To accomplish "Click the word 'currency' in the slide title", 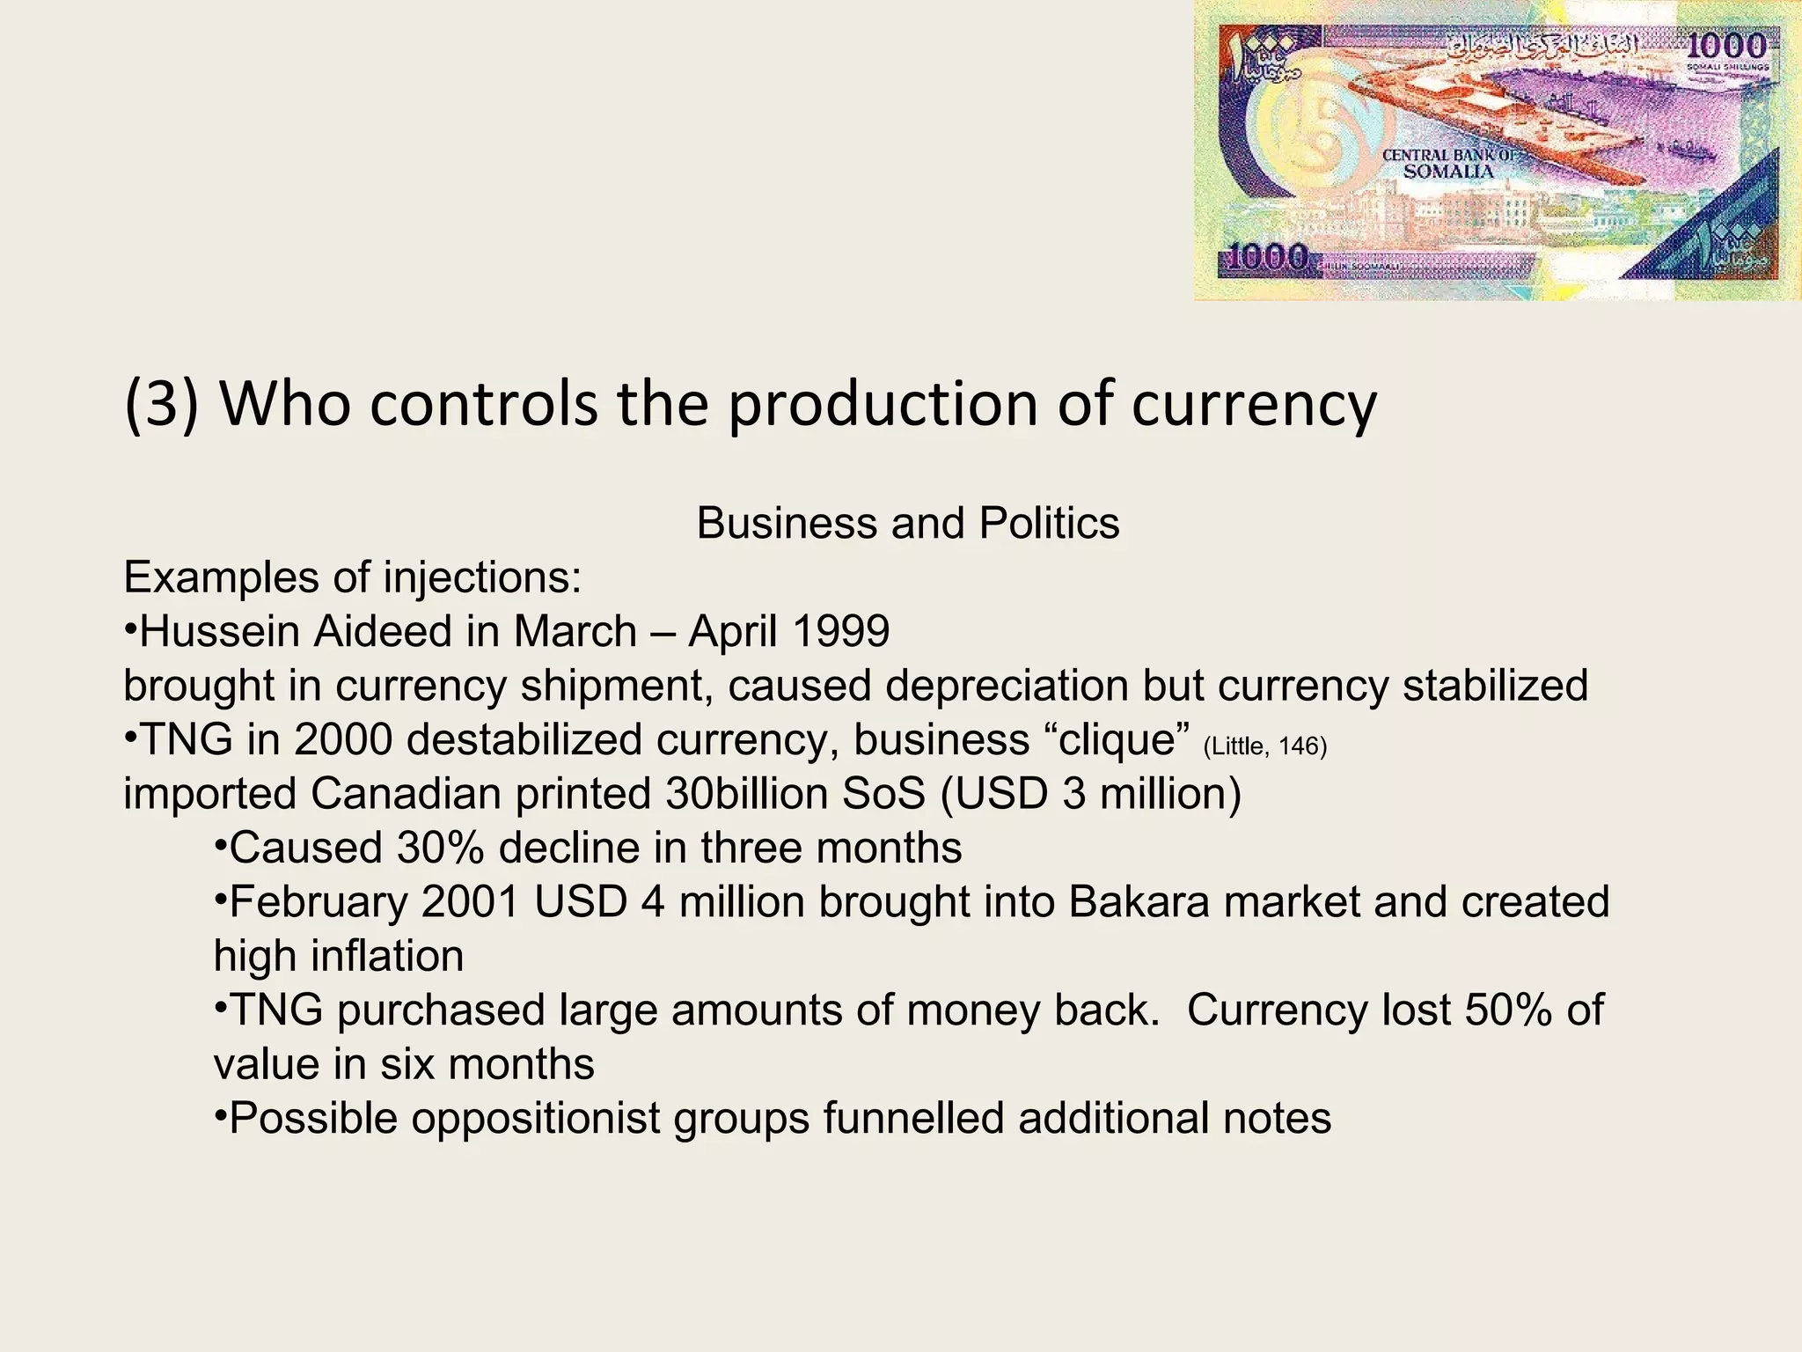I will [x=1254, y=405].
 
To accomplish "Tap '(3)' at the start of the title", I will [x=162, y=405].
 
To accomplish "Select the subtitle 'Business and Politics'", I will [x=907, y=524].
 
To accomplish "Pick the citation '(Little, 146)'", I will [x=1264, y=746].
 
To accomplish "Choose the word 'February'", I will [x=318, y=902].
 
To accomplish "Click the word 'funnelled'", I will [x=913, y=1119].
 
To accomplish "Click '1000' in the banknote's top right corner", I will [x=1725, y=47].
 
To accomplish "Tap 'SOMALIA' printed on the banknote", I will [x=1448, y=172].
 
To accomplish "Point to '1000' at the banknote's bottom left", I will [x=1266, y=257].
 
